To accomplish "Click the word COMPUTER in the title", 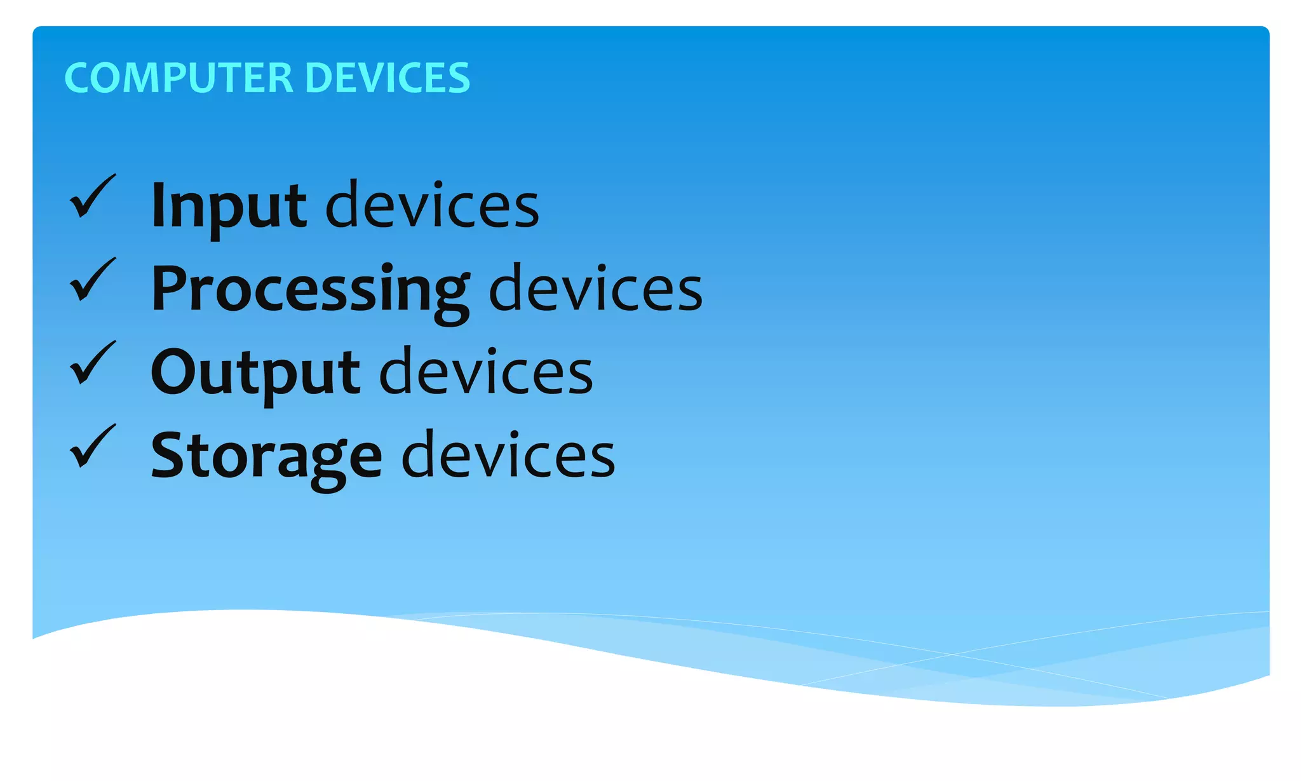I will pos(179,78).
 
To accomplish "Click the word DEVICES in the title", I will pos(388,78).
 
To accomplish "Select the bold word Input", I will pos(229,205).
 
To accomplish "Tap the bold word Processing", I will pos(310,290).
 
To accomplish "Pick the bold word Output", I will pos(255,372).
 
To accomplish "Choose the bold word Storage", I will pos(266,456).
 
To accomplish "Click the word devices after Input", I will pos(432,205).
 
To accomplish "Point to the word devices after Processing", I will pos(595,290).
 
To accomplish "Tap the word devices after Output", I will pos(486,372).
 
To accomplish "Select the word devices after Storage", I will pos(508,455).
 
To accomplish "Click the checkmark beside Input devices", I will pos(92,196).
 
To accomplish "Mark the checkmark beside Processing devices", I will pos(92,280).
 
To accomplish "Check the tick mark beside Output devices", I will pos(92,363).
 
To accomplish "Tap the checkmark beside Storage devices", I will pos(92,446).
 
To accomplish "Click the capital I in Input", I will pos(159,205).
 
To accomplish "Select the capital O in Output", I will pos(175,372).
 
